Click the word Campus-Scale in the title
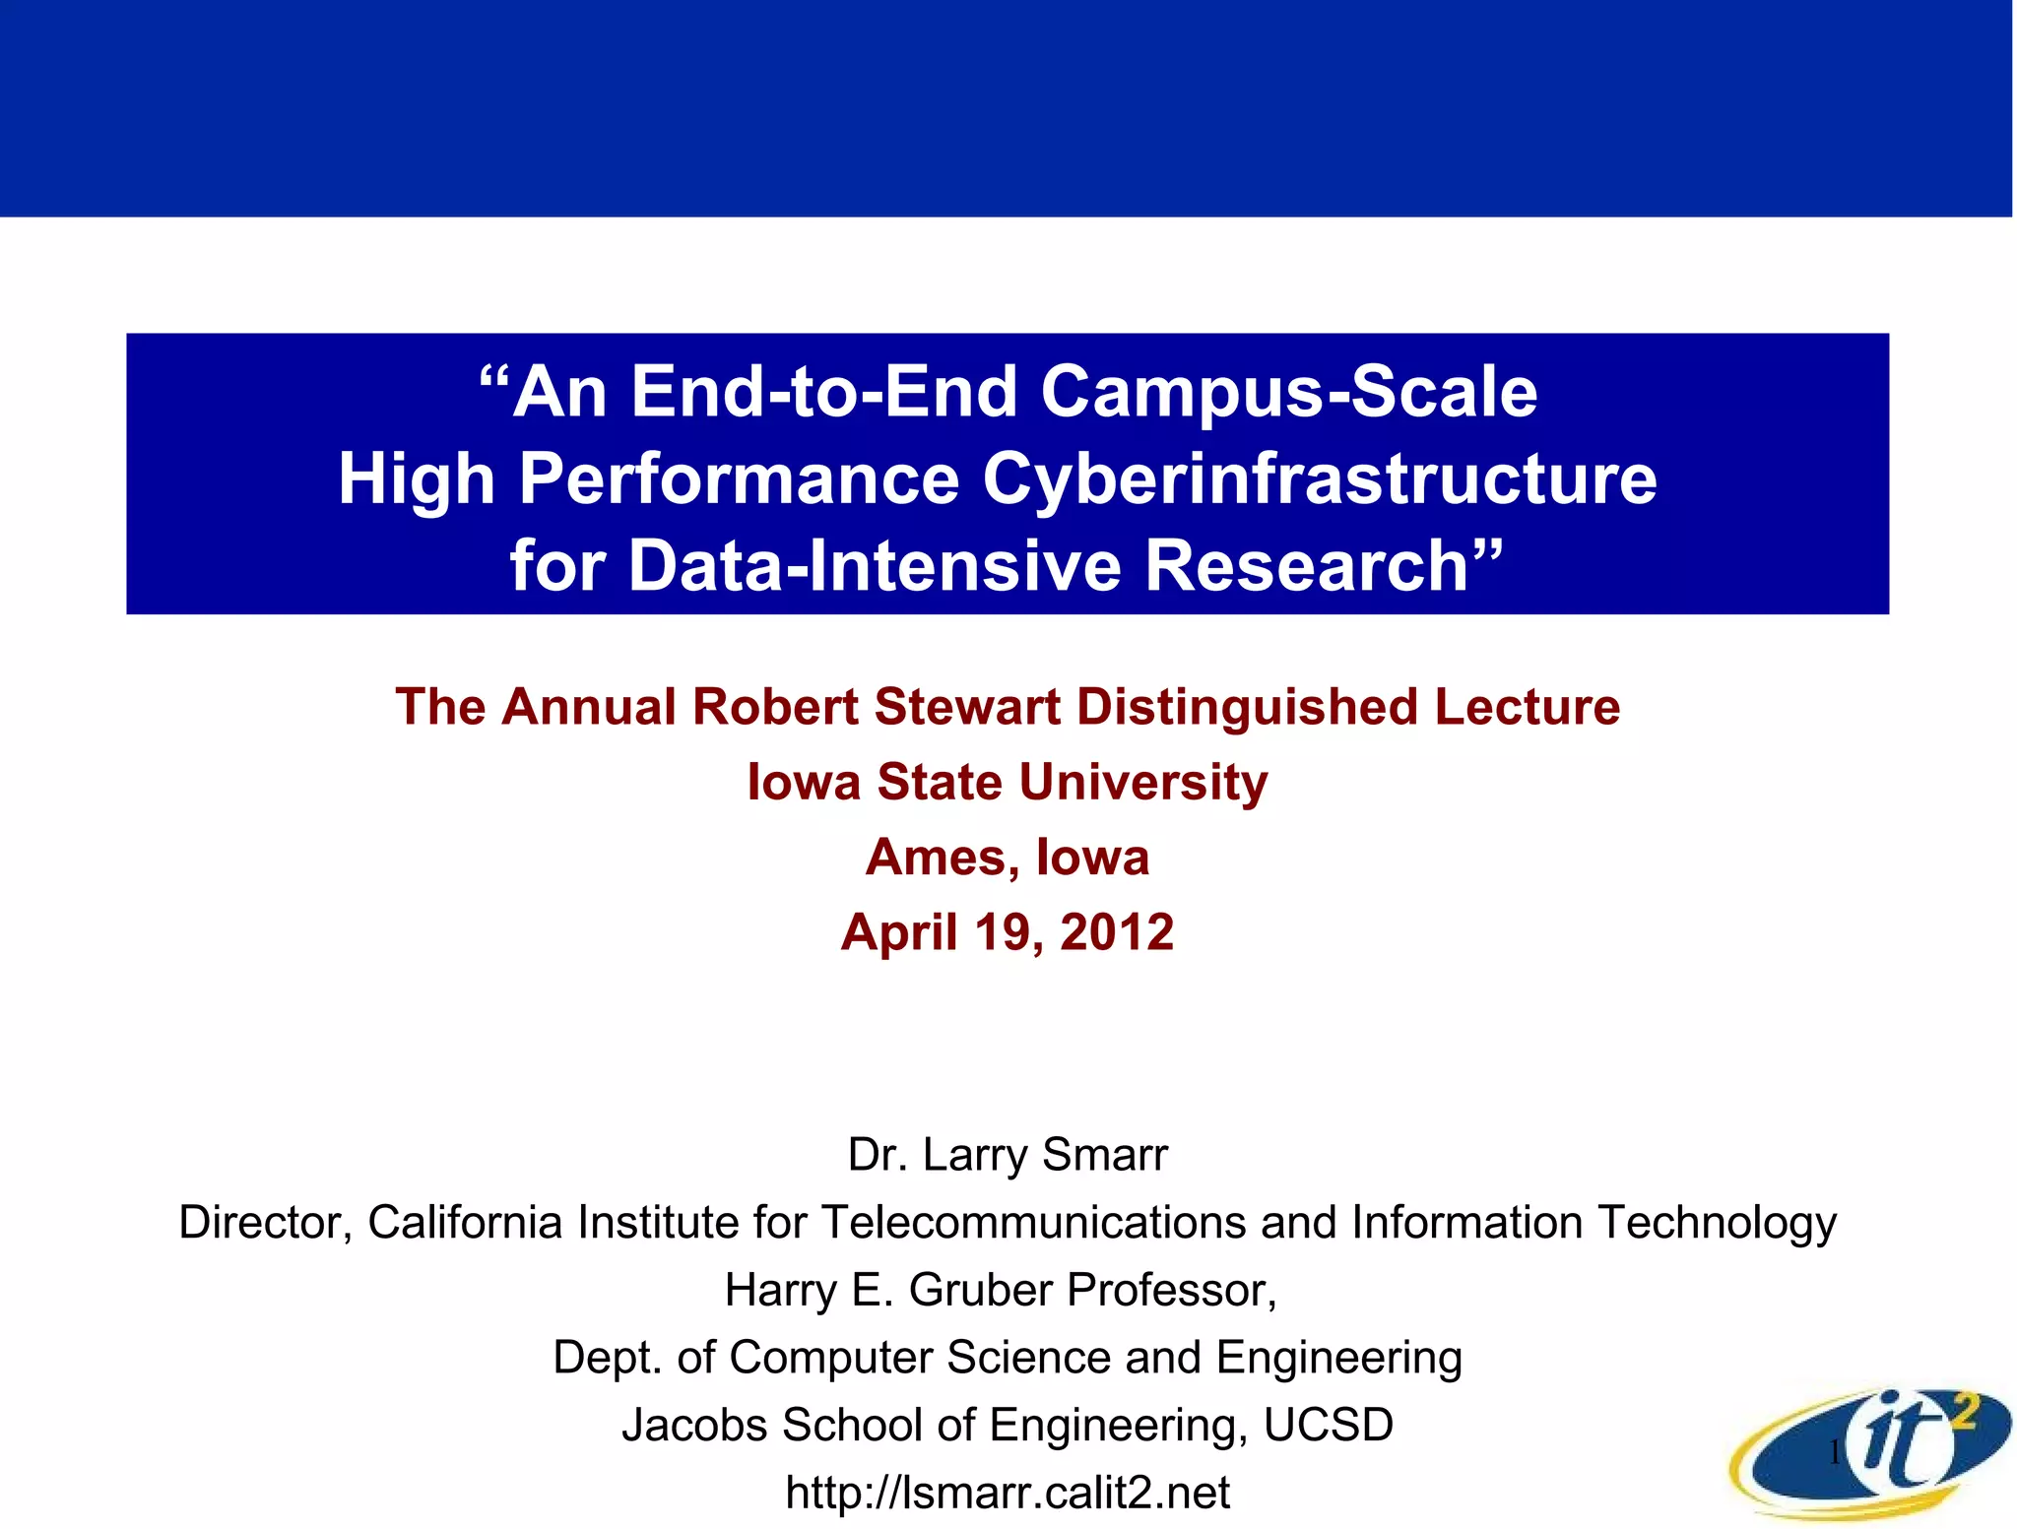(1288, 392)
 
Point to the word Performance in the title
(739, 479)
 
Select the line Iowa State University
(1008, 782)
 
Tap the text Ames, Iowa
(1008, 857)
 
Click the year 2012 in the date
(1117, 931)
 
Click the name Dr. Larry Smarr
(1008, 1154)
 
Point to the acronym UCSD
(1328, 1425)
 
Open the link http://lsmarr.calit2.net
(1008, 1493)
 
